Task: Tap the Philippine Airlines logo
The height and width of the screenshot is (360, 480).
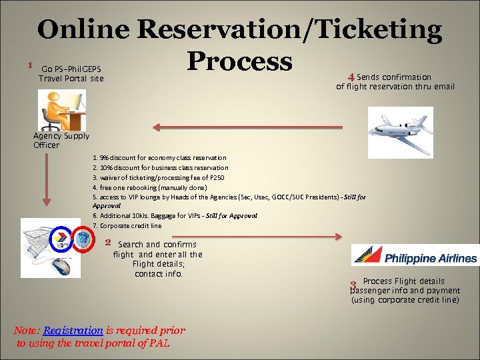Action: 415,256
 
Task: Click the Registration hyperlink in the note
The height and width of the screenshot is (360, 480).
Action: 73,330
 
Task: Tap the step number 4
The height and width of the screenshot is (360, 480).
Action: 351,77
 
